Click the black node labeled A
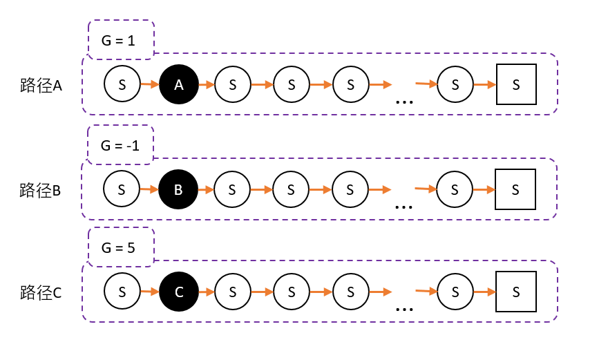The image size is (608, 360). click(x=179, y=84)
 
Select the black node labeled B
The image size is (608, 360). click(x=178, y=189)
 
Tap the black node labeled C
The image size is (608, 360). click(x=179, y=292)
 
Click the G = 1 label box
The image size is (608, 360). click(x=122, y=40)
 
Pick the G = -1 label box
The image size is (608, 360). click(x=120, y=145)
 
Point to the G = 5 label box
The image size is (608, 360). click(x=122, y=247)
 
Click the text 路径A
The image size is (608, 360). click(x=41, y=85)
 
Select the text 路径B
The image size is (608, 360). click(x=41, y=190)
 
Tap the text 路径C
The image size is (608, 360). click(x=41, y=292)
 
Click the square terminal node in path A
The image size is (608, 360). click(x=516, y=84)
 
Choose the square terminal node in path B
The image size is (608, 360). click(x=515, y=189)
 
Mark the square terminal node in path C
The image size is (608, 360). click(x=516, y=292)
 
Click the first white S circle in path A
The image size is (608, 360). click(x=122, y=84)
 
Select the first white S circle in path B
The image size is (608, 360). click(x=122, y=189)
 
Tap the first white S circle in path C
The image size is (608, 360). click(x=122, y=292)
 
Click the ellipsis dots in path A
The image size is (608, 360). click(x=404, y=102)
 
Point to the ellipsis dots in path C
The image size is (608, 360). click(x=404, y=309)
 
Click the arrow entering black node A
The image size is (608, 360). click(x=150, y=84)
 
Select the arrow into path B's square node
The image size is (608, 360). click(x=484, y=189)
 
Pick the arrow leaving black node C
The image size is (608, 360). click(x=207, y=292)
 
